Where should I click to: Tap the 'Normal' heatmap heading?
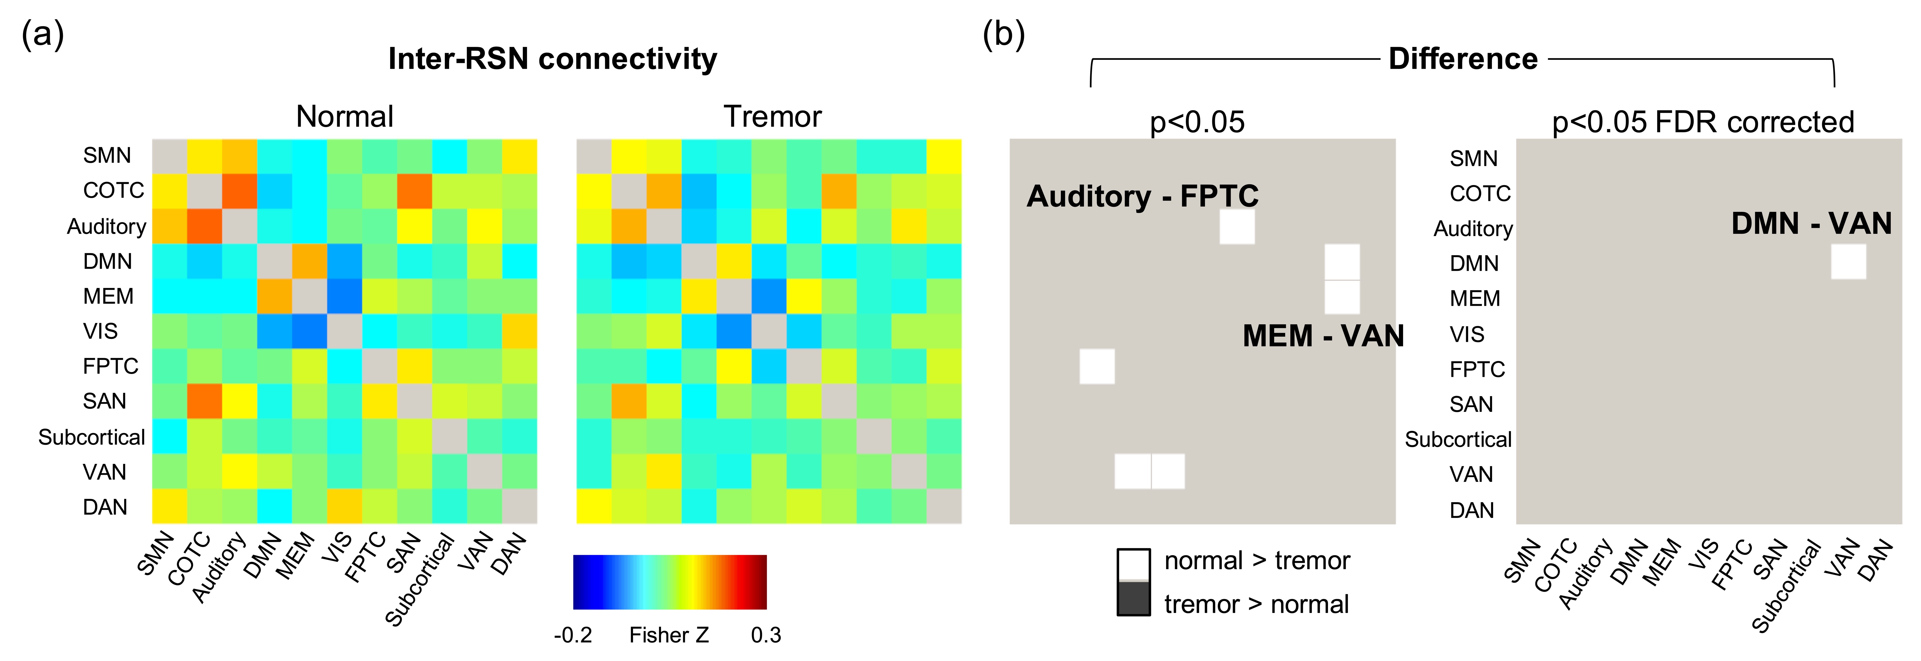pyautogui.click(x=345, y=117)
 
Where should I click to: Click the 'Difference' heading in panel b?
pyautogui.click(x=1462, y=59)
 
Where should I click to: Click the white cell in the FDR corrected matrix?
pyautogui.click(x=1848, y=262)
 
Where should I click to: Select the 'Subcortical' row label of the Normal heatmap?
pyautogui.click(x=92, y=437)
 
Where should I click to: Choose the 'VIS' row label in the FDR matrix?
pyautogui.click(x=1467, y=334)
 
